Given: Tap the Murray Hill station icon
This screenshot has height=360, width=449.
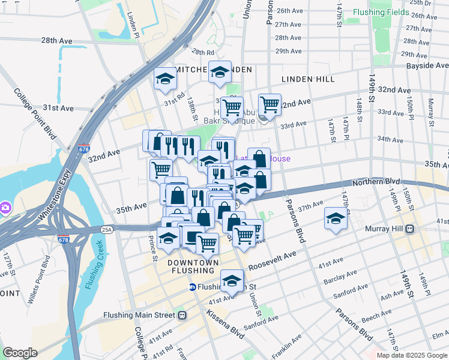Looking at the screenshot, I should (411, 229).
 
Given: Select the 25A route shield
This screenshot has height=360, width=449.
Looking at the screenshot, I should (107, 229).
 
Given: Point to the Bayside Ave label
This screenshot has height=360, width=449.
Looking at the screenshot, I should (427, 65).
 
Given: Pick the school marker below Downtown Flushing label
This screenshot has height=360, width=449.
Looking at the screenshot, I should (232, 280).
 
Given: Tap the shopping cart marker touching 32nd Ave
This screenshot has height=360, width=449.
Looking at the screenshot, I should (270, 104).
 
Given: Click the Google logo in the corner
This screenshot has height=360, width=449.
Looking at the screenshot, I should (20, 353).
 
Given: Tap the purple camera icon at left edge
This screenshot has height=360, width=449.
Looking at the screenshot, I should (5, 207).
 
